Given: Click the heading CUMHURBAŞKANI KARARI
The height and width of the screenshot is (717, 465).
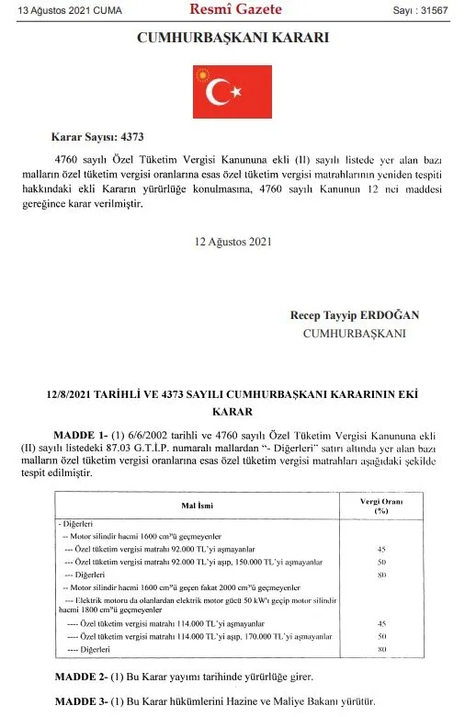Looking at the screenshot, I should click(x=232, y=39).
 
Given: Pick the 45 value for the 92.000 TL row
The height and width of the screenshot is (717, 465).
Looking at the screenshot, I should click(x=380, y=549).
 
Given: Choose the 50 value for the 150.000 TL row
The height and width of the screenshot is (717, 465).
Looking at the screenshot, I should click(x=380, y=561).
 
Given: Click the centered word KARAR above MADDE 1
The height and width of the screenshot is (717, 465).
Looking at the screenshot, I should click(x=232, y=412).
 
